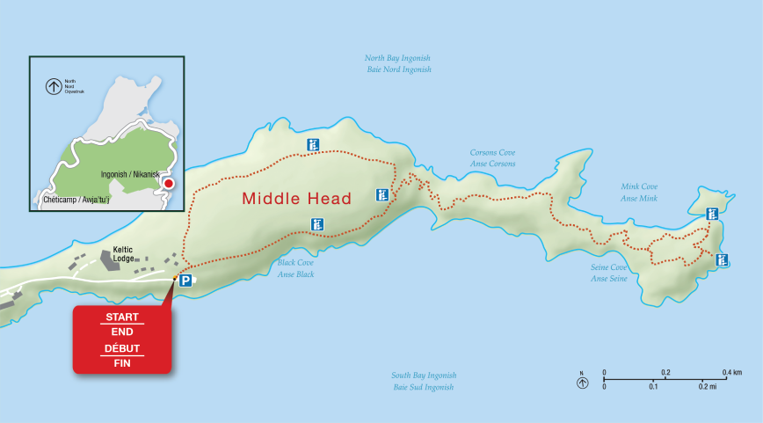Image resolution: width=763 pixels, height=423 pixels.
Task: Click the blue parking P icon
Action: [185, 281]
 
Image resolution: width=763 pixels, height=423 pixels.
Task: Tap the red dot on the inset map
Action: [169, 183]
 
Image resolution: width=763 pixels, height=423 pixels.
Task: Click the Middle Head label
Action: [296, 199]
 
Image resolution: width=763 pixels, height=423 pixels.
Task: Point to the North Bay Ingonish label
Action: [397, 63]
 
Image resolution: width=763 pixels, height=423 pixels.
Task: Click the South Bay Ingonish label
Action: [424, 381]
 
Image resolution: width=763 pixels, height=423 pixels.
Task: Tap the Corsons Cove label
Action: [492, 158]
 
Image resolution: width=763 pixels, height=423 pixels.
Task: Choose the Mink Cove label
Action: [639, 192]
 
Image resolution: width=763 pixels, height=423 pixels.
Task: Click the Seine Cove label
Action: [608, 273]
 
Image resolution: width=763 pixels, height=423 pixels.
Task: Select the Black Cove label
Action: [296, 268]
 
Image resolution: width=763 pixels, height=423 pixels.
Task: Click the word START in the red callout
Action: [122, 317]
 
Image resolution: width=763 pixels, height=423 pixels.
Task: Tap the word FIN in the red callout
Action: [122, 362]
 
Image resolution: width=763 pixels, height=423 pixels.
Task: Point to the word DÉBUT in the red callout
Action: [122, 347]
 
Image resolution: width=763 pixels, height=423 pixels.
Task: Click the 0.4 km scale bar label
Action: [731, 373]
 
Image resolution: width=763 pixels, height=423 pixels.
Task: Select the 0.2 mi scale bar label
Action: [708, 387]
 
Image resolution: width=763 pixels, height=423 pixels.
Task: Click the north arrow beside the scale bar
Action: [581, 382]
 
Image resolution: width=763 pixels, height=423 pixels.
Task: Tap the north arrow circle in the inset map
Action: [54, 86]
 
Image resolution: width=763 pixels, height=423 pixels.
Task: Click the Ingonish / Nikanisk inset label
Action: [130, 175]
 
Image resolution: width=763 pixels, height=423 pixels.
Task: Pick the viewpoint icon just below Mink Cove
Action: [712, 213]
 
